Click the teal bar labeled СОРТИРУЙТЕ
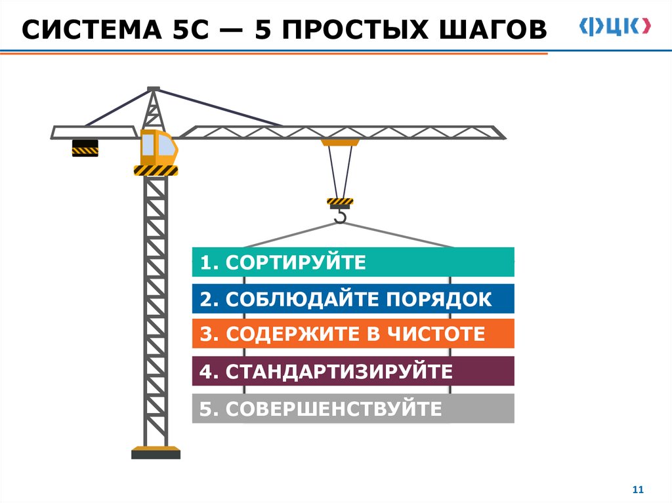[x=352, y=262]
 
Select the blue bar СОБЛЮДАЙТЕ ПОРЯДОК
[x=352, y=299]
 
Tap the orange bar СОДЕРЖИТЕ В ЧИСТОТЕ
[x=352, y=334]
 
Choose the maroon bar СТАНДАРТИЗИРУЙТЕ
[x=352, y=371]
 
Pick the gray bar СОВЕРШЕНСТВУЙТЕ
[x=352, y=409]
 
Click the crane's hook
[x=340, y=216]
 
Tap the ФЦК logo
[x=615, y=26]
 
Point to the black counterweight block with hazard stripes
[x=85, y=148]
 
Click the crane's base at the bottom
[x=156, y=453]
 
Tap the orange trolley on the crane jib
[x=340, y=142]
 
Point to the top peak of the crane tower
[x=154, y=89]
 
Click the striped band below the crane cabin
[x=156, y=171]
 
